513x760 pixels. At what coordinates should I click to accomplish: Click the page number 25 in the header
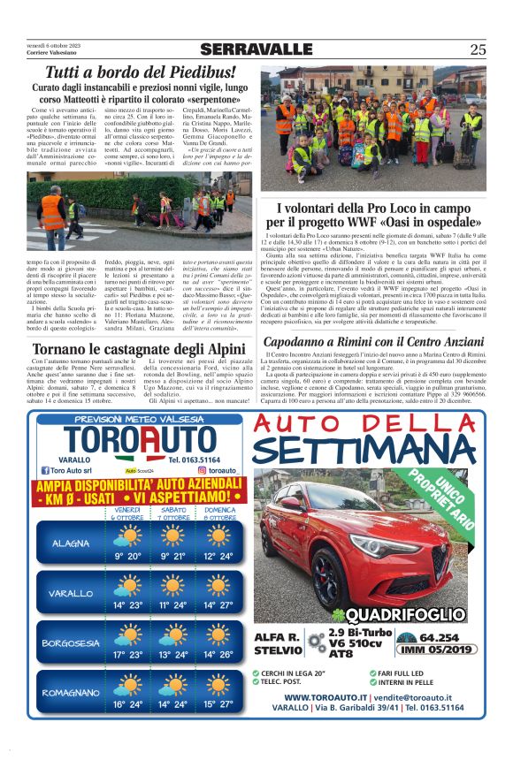tap(478, 49)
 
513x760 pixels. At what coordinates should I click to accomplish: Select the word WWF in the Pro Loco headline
tap(431, 222)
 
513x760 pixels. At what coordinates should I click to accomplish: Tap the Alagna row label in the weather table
tap(69, 543)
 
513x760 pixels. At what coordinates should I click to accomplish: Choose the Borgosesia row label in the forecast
tap(69, 642)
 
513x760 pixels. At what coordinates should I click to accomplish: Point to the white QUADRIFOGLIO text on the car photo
tap(405, 615)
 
